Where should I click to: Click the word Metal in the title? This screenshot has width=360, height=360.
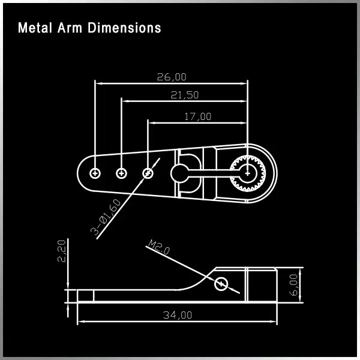(x=33, y=28)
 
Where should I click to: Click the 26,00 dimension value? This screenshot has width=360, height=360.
(x=171, y=77)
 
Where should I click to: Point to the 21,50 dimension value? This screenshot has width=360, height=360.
(x=184, y=95)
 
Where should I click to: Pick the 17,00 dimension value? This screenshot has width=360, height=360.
(x=197, y=116)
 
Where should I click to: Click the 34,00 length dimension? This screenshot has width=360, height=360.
(x=178, y=314)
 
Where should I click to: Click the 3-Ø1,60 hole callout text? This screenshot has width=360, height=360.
(x=107, y=218)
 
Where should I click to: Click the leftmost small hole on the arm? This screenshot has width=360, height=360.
(x=95, y=173)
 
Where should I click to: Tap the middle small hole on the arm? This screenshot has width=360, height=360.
(x=121, y=173)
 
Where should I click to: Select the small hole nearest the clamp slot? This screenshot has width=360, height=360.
(x=148, y=173)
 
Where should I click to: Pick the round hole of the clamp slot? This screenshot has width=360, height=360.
(x=179, y=173)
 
